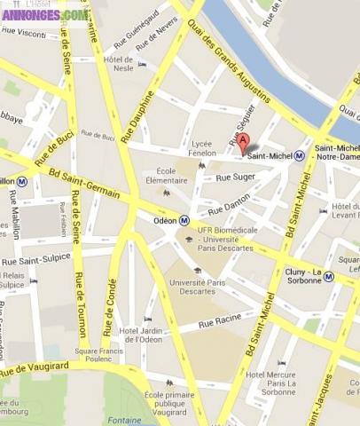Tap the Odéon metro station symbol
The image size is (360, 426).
click(184, 220)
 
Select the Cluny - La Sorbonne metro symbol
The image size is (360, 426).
click(328, 276)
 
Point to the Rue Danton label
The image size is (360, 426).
click(230, 205)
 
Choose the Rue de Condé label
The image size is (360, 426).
click(112, 306)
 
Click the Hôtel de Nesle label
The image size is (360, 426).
click(118, 63)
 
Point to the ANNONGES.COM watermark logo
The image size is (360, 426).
click(44, 14)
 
